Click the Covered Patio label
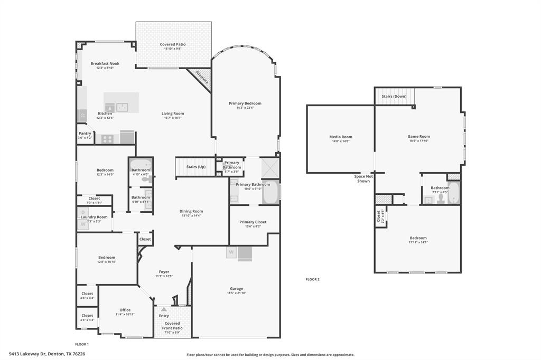[173, 44]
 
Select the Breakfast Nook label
[105, 63]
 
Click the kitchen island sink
[122, 107]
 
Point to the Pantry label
[85, 134]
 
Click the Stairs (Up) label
[195, 167]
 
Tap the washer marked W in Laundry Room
[83, 224]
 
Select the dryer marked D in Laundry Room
[83, 212]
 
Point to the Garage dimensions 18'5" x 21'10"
[236, 293]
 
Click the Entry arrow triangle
[164, 309]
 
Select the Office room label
[125, 310]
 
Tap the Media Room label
[341, 137]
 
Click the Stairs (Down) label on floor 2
[394, 96]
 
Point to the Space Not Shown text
[363, 178]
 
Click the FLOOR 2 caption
[313, 279]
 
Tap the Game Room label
[418, 136]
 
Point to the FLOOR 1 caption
[81, 344]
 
